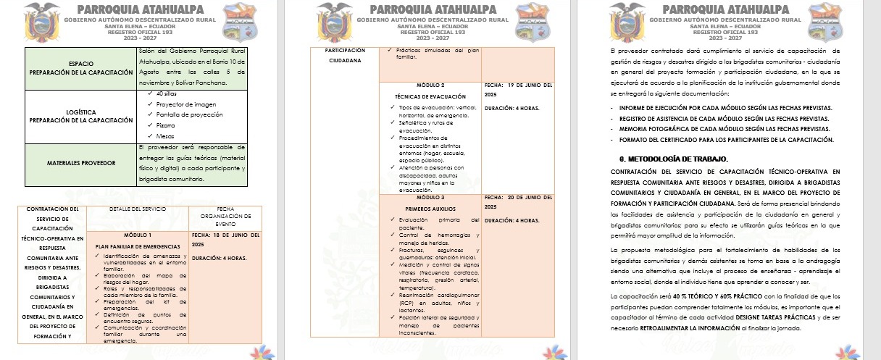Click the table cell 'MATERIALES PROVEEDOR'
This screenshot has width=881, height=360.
(80, 163)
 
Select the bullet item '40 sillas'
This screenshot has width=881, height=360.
(167, 93)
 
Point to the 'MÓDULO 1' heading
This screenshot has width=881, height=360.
(138, 235)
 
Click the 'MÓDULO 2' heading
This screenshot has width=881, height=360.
(431, 85)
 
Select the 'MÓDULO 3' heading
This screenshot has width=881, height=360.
(431, 197)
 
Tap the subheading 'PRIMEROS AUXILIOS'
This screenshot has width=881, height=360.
(431, 209)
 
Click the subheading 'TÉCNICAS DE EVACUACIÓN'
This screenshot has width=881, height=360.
(430, 96)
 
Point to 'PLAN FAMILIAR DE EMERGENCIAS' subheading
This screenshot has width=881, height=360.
(138, 246)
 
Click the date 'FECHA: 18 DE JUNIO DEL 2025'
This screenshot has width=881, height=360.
(225, 240)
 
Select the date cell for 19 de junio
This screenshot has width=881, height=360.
(517, 90)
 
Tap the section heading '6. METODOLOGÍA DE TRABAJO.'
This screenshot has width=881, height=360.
(673, 158)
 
